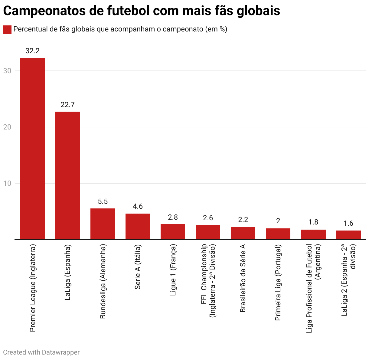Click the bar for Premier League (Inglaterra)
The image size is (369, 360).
pos(32,149)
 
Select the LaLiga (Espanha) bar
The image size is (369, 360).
pos(67,175)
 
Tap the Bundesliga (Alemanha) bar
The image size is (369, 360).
pos(103,224)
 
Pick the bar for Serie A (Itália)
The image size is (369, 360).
pos(138,226)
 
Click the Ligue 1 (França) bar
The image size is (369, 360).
pos(173,232)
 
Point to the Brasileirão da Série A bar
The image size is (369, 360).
pos(243,233)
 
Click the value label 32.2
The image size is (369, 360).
pos(32,51)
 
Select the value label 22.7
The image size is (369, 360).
pos(67,105)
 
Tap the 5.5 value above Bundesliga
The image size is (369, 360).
pos(103,201)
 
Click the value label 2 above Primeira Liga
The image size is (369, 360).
pos(278,221)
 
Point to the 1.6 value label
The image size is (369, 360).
pos(348,223)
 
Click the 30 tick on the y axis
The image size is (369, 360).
pos(7,71)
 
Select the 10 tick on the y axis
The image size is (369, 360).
pos(7,183)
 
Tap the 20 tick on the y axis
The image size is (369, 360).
pos(7,127)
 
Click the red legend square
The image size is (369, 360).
pos(7,30)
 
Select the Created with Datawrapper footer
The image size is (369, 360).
pos(41,352)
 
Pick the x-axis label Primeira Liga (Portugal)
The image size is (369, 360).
pos(278,283)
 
